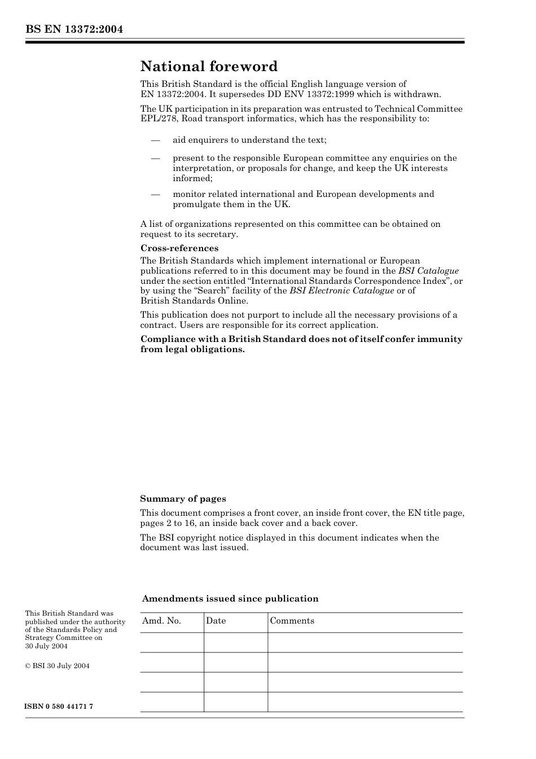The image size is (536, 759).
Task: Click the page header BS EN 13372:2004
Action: tap(74, 29)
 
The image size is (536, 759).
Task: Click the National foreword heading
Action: tap(209, 67)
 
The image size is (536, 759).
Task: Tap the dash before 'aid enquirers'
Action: tap(155, 140)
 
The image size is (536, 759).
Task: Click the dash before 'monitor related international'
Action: tap(155, 194)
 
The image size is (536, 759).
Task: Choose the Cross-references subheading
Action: tap(179, 248)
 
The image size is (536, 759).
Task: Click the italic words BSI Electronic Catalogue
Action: tap(341, 291)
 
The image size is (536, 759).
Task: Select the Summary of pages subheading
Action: tap(183, 499)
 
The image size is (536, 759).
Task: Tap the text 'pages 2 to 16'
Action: tap(167, 523)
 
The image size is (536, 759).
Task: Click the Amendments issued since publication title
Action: tap(230, 599)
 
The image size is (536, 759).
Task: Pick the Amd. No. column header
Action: tap(161, 621)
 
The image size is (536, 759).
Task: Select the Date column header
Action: tap(216, 621)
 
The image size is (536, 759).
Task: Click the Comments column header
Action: tap(292, 621)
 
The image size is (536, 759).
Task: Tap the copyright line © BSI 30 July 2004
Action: tap(57, 666)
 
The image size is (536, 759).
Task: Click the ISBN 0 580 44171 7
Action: tap(59, 707)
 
